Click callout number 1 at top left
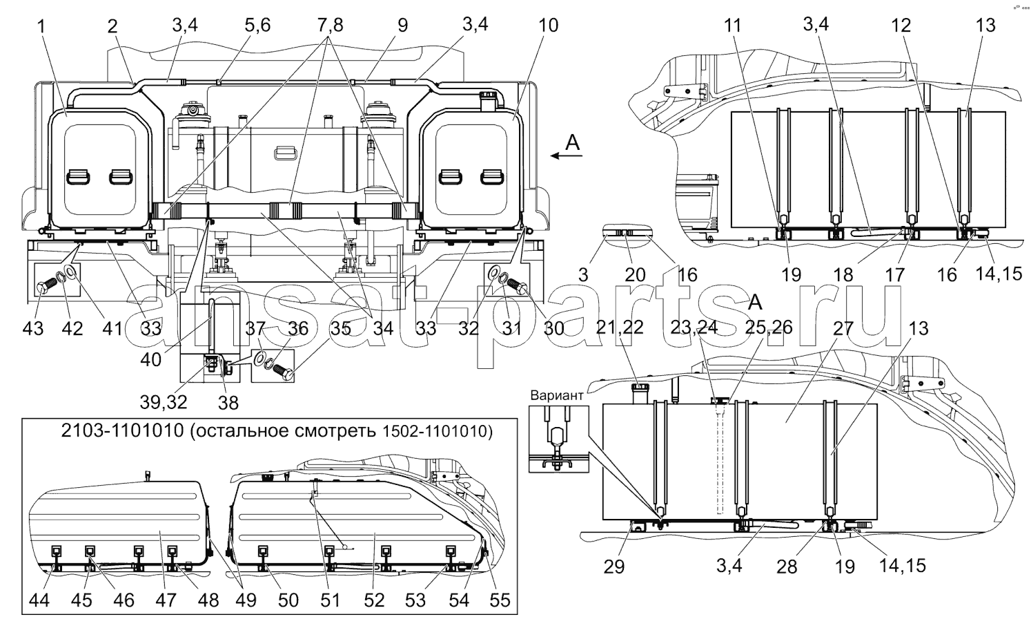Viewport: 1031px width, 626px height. click(x=42, y=26)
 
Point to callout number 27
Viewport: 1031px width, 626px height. click(x=843, y=328)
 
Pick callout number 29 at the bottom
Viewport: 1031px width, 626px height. click(x=613, y=567)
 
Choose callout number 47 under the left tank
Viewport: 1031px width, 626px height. click(x=166, y=600)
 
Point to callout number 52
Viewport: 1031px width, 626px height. click(x=374, y=600)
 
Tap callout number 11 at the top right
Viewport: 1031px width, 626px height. click(x=732, y=26)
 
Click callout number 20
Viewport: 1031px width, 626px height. click(x=635, y=275)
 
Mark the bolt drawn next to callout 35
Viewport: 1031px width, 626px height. click(x=282, y=370)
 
